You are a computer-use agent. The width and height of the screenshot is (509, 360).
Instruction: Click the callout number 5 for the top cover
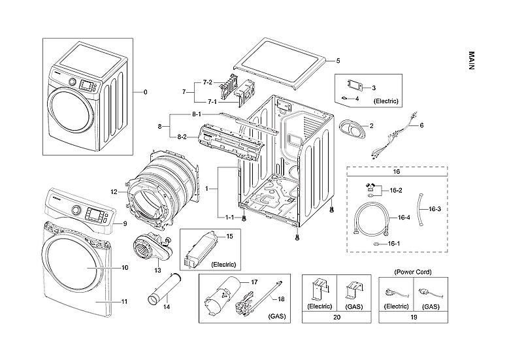(x=338, y=61)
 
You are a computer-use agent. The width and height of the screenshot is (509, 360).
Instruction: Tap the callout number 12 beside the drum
(x=113, y=192)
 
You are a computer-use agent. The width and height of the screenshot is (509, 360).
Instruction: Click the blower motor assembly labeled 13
(x=148, y=248)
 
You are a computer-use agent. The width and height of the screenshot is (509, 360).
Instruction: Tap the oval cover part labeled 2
(x=353, y=127)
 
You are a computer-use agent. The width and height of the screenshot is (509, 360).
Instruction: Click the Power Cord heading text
(x=412, y=271)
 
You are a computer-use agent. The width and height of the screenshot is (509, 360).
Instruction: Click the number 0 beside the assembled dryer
(x=145, y=92)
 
